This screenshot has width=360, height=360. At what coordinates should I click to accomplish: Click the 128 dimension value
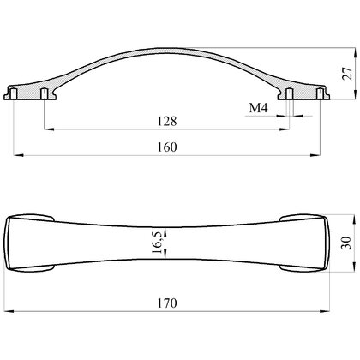click(167, 121)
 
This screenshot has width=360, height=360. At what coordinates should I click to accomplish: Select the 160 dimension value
click(167, 147)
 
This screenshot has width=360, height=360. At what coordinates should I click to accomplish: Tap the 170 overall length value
click(167, 303)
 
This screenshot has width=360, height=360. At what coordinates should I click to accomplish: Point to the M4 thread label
click(258, 108)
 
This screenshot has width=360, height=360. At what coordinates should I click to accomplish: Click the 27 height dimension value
click(347, 74)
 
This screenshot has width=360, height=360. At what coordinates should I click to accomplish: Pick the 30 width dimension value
click(346, 243)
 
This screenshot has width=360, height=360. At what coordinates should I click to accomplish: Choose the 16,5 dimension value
click(157, 243)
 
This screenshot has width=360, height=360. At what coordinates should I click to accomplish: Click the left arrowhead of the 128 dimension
click(49, 129)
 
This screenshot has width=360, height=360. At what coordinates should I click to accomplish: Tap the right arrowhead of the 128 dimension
click(285, 129)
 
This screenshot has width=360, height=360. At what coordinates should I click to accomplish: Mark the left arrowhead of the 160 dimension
click(19, 155)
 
